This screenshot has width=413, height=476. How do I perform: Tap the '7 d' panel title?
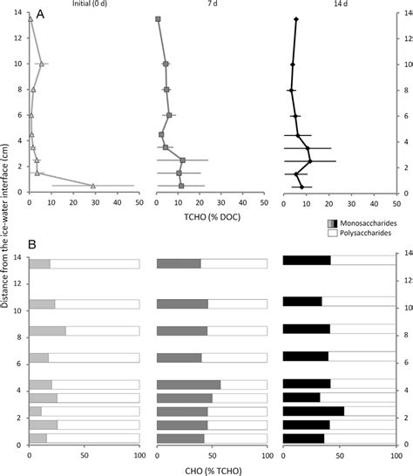(210, 5)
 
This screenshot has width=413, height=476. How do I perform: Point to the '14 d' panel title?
(337, 5)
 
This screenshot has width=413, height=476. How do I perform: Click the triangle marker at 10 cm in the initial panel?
(40, 64)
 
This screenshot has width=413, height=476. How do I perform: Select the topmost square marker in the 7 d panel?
(158, 19)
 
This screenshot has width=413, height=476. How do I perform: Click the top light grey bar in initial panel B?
(39, 264)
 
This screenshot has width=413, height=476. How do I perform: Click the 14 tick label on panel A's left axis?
(19, 12)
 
